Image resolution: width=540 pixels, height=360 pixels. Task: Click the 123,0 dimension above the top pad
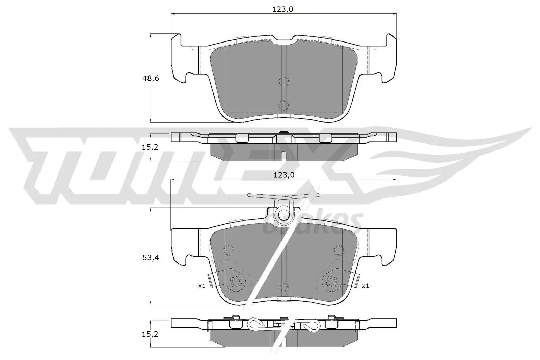point(282,10)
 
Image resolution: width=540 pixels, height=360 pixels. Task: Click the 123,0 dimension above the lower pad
point(282,175)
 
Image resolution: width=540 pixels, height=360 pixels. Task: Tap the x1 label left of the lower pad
point(201,286)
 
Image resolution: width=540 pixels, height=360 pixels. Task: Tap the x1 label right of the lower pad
point(365,286)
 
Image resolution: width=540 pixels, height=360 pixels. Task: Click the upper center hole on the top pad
point(283,81)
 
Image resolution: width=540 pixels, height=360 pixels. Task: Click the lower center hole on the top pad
point(283,105)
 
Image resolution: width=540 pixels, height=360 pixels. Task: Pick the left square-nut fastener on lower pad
point(235,281)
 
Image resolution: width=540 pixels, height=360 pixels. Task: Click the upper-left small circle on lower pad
point(228,250)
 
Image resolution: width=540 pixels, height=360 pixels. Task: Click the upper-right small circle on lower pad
point(338,250)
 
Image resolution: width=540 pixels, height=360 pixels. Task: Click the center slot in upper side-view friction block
point(283,156)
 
